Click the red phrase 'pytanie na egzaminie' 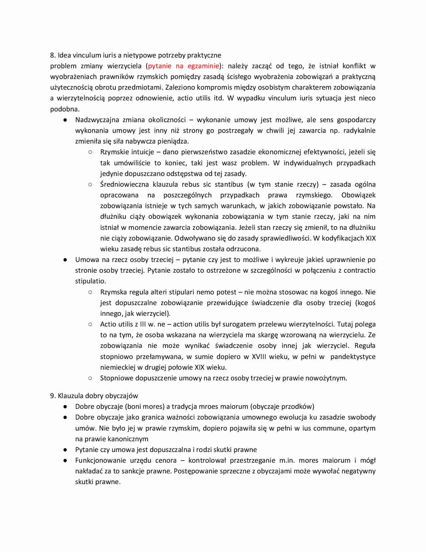[x=183, y=66]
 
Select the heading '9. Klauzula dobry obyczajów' [x=94, y=396]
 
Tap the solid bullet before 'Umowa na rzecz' [x=65, y=260]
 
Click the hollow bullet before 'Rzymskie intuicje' [x=90, y=152]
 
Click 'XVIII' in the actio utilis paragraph [x=260, y=357]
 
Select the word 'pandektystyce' [x=353, y=357]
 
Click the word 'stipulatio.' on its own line [x=91, y=281]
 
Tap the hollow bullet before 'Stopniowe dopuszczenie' [x=90, y=378]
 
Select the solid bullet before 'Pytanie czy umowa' [x=65, y=450]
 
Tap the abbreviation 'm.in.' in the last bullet [x=287, y=460]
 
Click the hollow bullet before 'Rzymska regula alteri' [x=90, y=292]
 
